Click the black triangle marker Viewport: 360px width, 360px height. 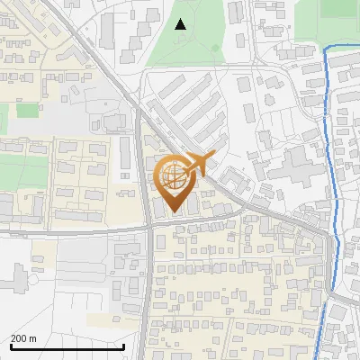181,24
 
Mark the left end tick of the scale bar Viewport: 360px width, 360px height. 11,346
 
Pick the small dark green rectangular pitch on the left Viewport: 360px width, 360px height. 27,110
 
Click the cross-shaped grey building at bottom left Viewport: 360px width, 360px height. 19,279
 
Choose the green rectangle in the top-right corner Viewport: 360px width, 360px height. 338,8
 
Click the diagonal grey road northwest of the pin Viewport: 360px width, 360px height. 99,54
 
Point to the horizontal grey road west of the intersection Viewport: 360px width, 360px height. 72,231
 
